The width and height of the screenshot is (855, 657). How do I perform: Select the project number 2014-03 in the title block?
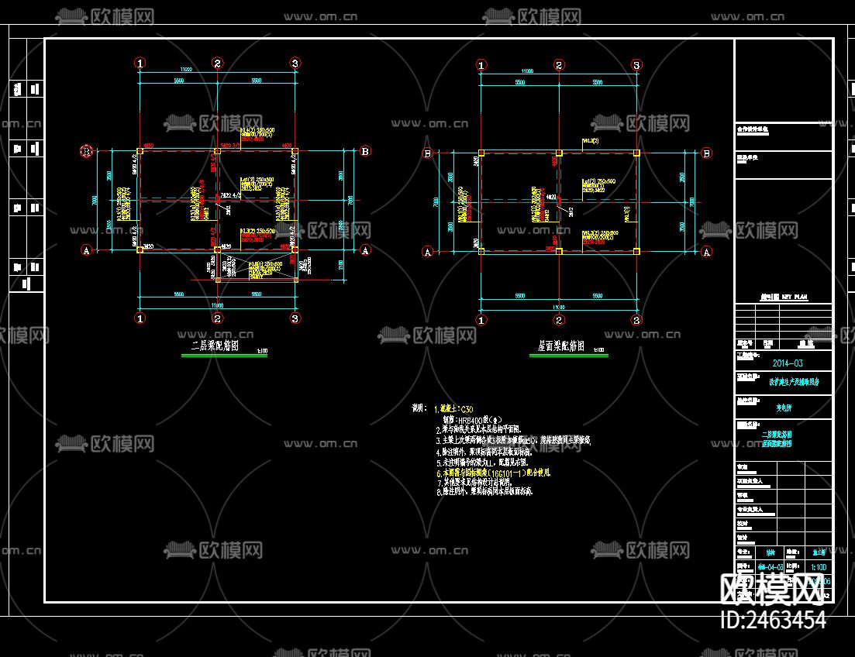(x=788, y=363)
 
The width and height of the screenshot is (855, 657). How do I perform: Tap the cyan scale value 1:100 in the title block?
(x=818, y=566)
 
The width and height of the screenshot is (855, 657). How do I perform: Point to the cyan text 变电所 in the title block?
(x=788, y=404)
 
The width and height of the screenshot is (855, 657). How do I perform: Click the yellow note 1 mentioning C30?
(x=455, y=408)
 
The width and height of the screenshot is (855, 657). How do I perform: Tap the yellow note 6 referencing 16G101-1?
(x=497, y=471)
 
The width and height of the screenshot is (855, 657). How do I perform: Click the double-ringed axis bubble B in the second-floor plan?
(x=87, y=151)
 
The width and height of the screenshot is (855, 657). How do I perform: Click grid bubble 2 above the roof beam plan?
(x=558, y=64)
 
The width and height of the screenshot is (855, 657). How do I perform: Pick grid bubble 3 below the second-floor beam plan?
(x=295, y=318)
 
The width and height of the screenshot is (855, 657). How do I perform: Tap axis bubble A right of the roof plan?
(x=706, y=251)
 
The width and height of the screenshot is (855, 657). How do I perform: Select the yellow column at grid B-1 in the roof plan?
(x=481, y=153)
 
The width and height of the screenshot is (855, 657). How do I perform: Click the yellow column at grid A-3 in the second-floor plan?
(x=295, y=249)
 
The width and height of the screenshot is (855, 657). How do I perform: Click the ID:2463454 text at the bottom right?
(x=773, y=620)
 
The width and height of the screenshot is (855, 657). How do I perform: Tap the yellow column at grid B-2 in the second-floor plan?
(x=217, y=152)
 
